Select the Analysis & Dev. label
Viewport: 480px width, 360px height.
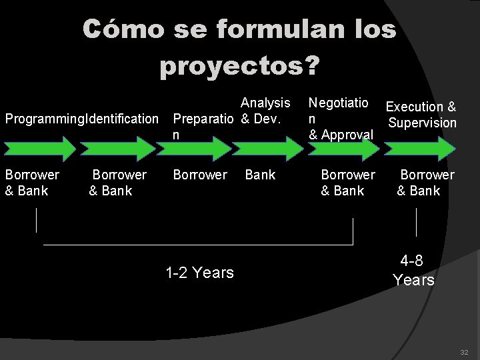pos(264,111)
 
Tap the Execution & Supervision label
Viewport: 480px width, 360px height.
pos(421,115)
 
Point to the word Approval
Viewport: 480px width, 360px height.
pos(347,135)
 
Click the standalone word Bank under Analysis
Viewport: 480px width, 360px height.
pos(260,175)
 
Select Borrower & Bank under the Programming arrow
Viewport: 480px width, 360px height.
pos(32,183)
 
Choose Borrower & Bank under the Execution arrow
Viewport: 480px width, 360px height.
pos(425,183)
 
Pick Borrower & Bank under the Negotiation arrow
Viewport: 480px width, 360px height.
pos(347,183)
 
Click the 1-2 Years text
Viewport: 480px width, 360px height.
pos(199,273)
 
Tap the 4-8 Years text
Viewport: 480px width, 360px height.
pos(413,270)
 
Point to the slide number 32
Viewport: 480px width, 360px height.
pos(464,352)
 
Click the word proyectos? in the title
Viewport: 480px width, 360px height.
pos(239,66)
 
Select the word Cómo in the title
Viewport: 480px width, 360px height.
pos(123,29)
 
